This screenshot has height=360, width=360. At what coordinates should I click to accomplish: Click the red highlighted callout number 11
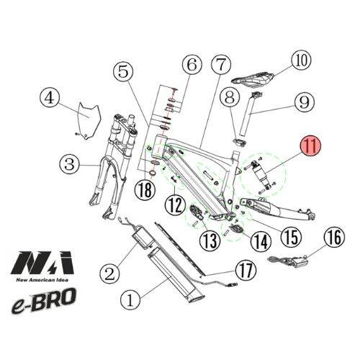click(311, 146)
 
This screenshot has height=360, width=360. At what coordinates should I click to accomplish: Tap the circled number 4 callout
click(50, 98)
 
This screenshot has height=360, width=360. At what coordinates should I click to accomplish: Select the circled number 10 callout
click(301, 60)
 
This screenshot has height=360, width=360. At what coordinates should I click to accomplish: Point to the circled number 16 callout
click(334, 236)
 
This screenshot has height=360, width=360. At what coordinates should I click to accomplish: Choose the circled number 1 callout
click(130, 300)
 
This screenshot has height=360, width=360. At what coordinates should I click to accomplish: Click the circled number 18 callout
click(145, 189)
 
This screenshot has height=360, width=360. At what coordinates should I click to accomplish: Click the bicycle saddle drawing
click(253, 79)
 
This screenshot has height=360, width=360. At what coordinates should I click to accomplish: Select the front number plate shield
click(88, 121)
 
